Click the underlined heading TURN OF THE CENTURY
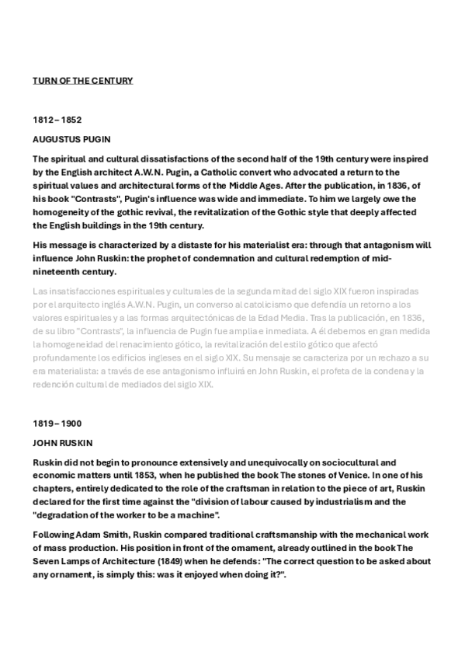(82, 80)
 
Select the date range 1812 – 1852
(57, 120)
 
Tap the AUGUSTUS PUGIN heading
(71, 140)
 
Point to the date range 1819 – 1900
(57, 424)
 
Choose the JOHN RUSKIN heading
(63, 443)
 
